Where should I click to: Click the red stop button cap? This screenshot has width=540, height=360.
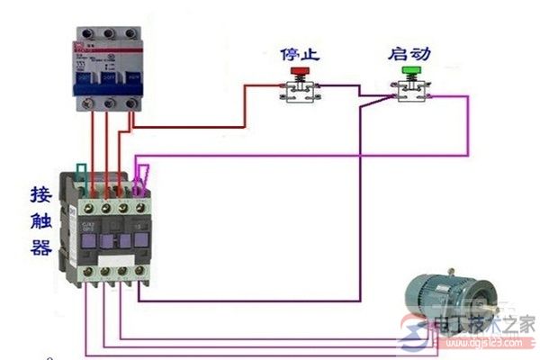pyautogui.click(x=297, y=69)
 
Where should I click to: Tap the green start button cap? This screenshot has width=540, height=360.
pyautogui.click(x=413, y=69)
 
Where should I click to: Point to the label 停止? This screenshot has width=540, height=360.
pyautogui.click(x=297, y=50)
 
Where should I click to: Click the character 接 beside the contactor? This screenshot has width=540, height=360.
pyautogui.click(x=40, y=194)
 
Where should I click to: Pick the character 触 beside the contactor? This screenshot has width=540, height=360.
pyautogui.click(x=40, y=221)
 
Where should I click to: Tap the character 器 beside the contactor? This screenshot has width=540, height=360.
pyautogui.click(x=40, y=248)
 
